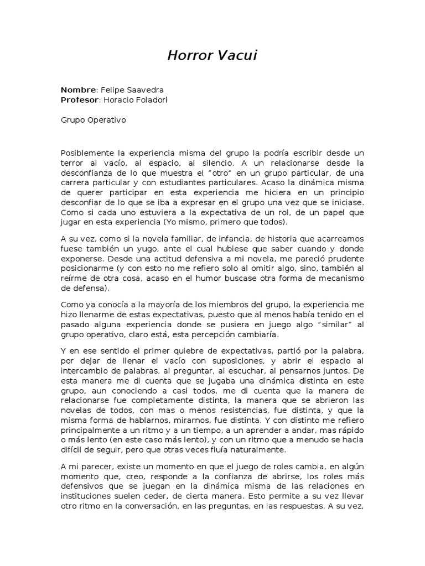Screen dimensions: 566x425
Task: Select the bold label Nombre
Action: tap(78, 90)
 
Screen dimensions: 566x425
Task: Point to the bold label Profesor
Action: tap(79, 99)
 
